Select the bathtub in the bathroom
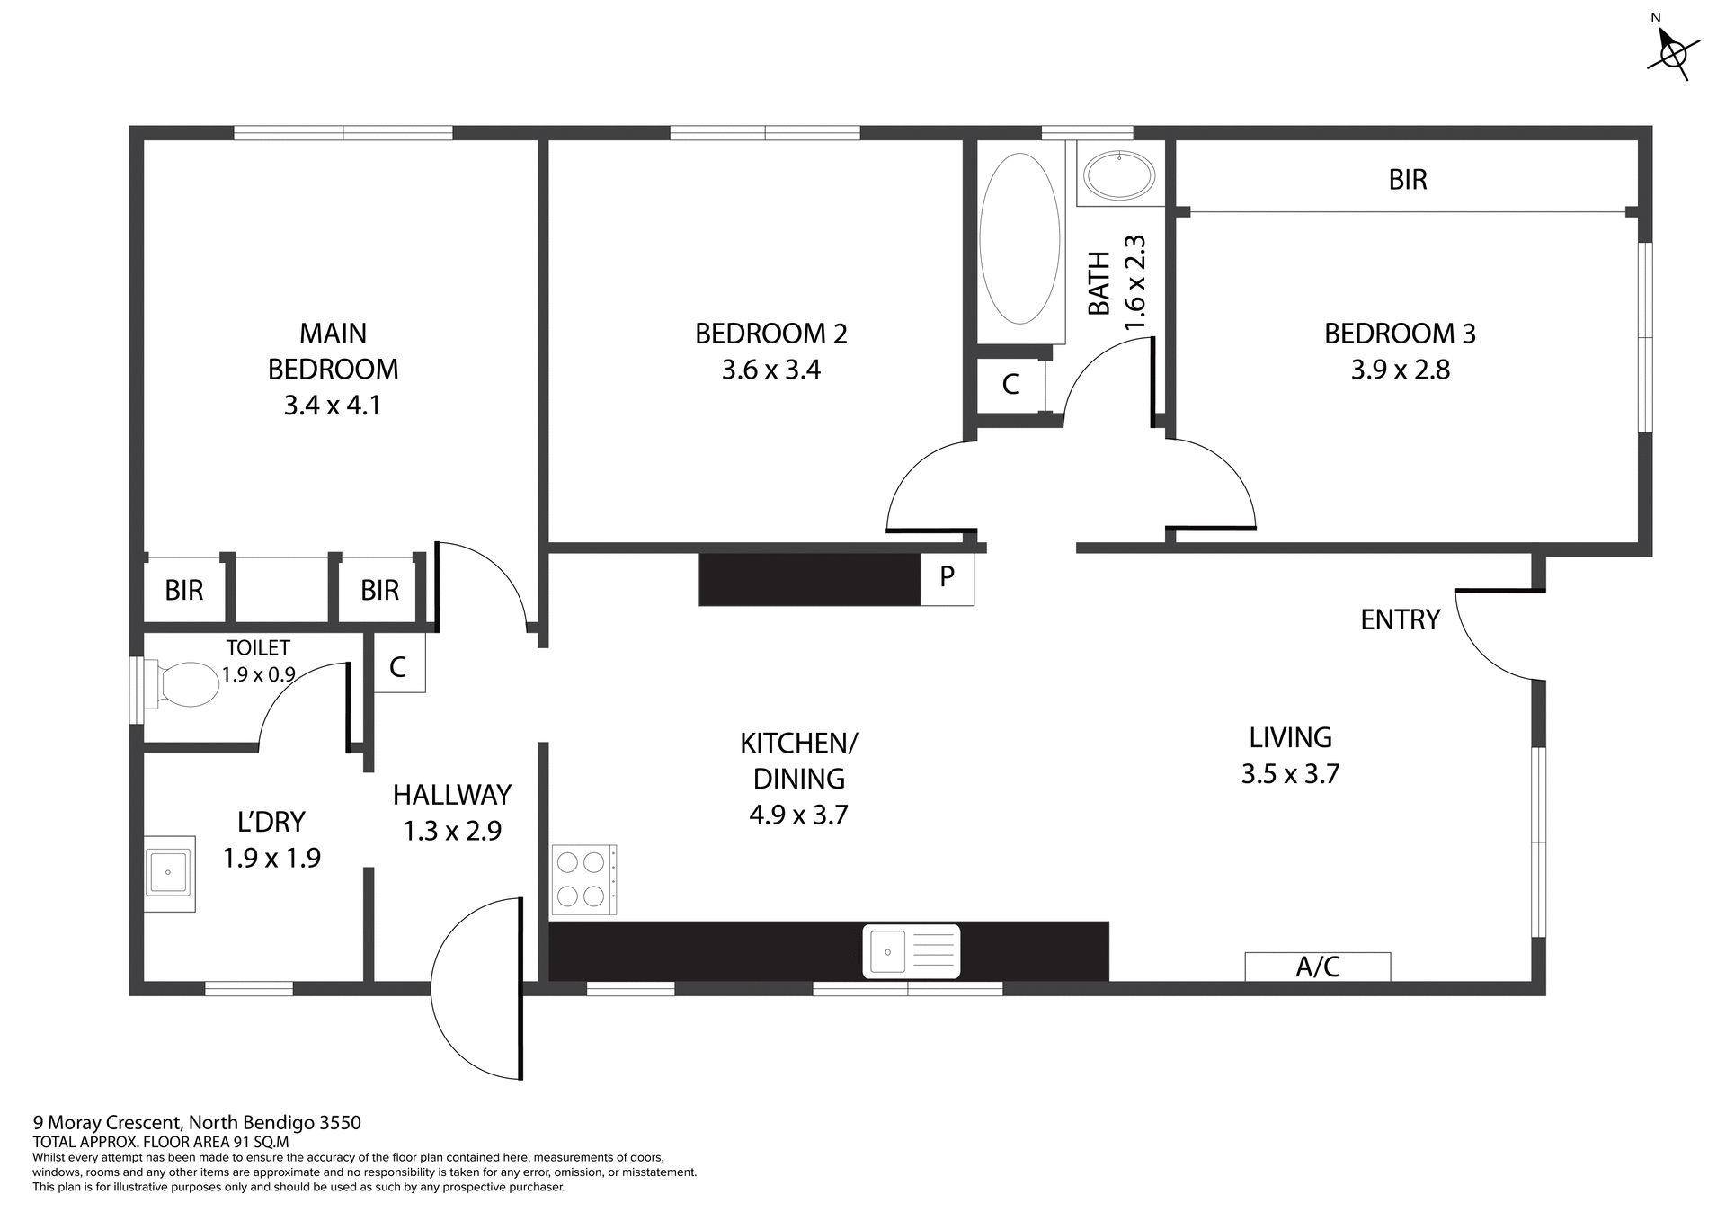pos(1019,238)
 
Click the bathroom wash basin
pos(1119,175)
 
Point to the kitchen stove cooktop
pos(583,879)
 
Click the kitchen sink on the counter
pos(911,950)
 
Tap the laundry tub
pos(169,873)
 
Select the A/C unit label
pos(1318,967)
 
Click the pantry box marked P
pos(947,577)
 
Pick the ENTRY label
pos(1400,619)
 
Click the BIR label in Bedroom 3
pos(1407,180)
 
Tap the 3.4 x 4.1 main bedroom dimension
pos(333,406)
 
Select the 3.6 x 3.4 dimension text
pos(771,370)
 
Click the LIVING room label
pos(1290,737)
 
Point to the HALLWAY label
pos(452,795)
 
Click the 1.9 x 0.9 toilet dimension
pos(259,674)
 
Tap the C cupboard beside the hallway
pos(398,666)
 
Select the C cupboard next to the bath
pos(1010,385)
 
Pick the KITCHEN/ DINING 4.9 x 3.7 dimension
pos(798,815)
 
